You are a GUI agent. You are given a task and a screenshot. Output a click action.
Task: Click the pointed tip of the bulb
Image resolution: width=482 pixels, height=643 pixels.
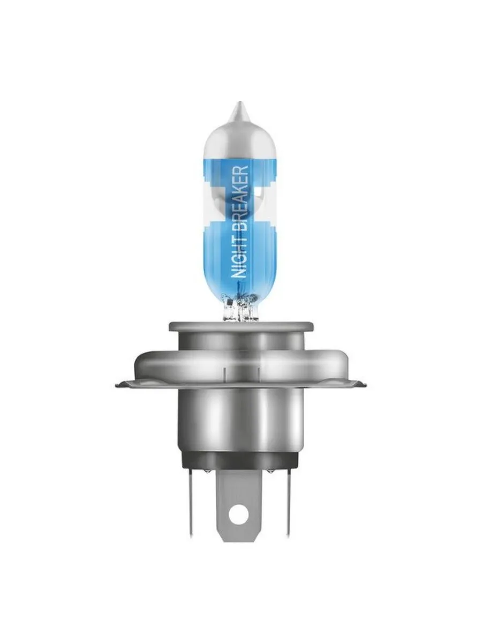pos(240,102)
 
